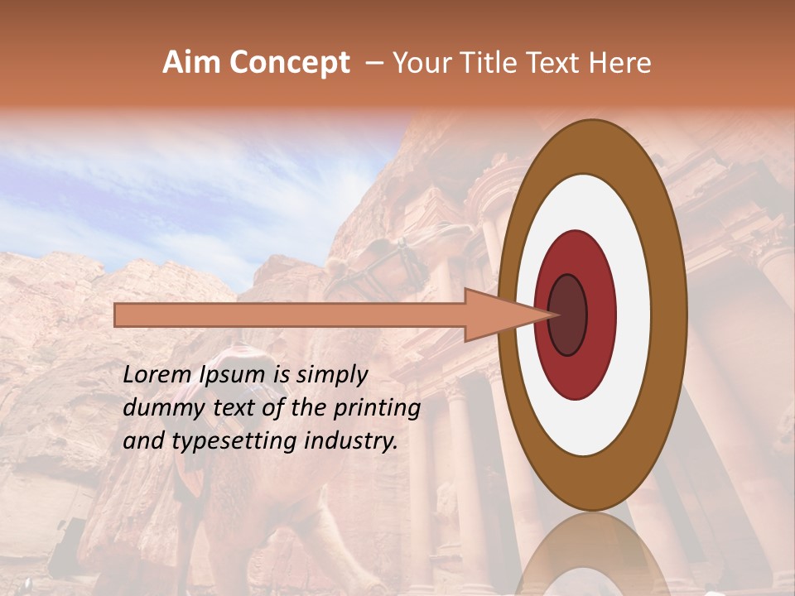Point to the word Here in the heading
click(x=619, y=63)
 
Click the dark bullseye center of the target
click(x=568, y=315)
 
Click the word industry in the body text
click(x=347, y=441)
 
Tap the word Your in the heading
click(x=419, y=63)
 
